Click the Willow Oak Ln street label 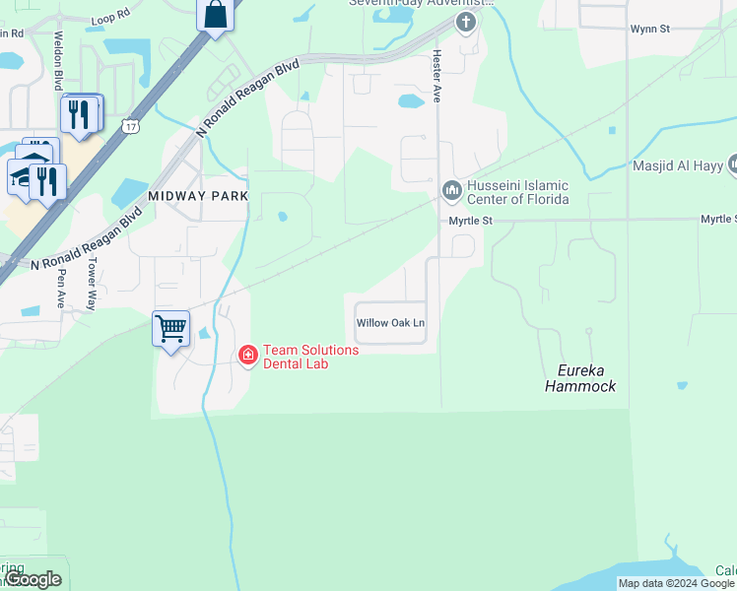pos(390,323)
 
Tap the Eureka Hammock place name pos(580,378)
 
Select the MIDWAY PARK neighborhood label pos(198,196)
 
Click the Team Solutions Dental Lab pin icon pos(248,354)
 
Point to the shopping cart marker pos(170,328)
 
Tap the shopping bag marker pos(215,15)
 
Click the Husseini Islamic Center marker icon pos(452,188)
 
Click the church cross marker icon pos(465,22)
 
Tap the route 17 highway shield pos(130,125)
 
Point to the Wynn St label pos(650,30)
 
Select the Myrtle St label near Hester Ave pos(470,220)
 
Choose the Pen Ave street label pos(62,289)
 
